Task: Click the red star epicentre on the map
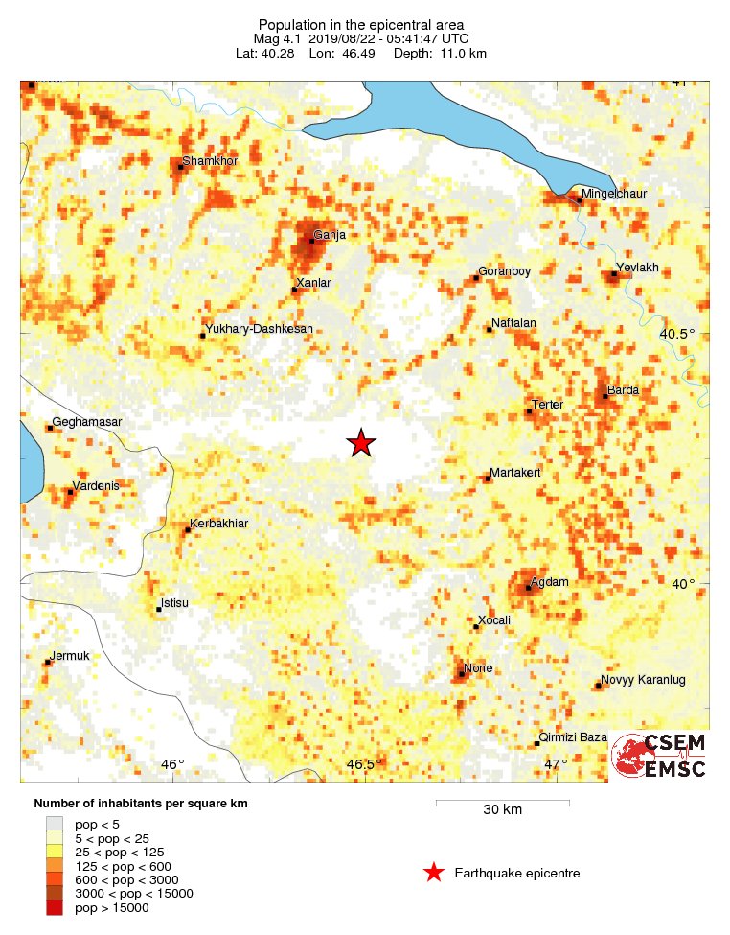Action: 360,442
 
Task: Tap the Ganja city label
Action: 329,234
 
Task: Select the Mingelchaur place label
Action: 615,194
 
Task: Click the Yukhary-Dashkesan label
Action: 260,329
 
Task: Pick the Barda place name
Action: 624,390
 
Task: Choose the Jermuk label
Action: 69,656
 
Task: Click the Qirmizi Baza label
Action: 574,737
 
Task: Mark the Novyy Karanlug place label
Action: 643,680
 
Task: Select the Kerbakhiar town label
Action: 220,523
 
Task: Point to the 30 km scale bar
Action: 503,802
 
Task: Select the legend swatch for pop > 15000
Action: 56,907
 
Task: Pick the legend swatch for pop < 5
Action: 56,823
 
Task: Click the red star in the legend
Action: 434,872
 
